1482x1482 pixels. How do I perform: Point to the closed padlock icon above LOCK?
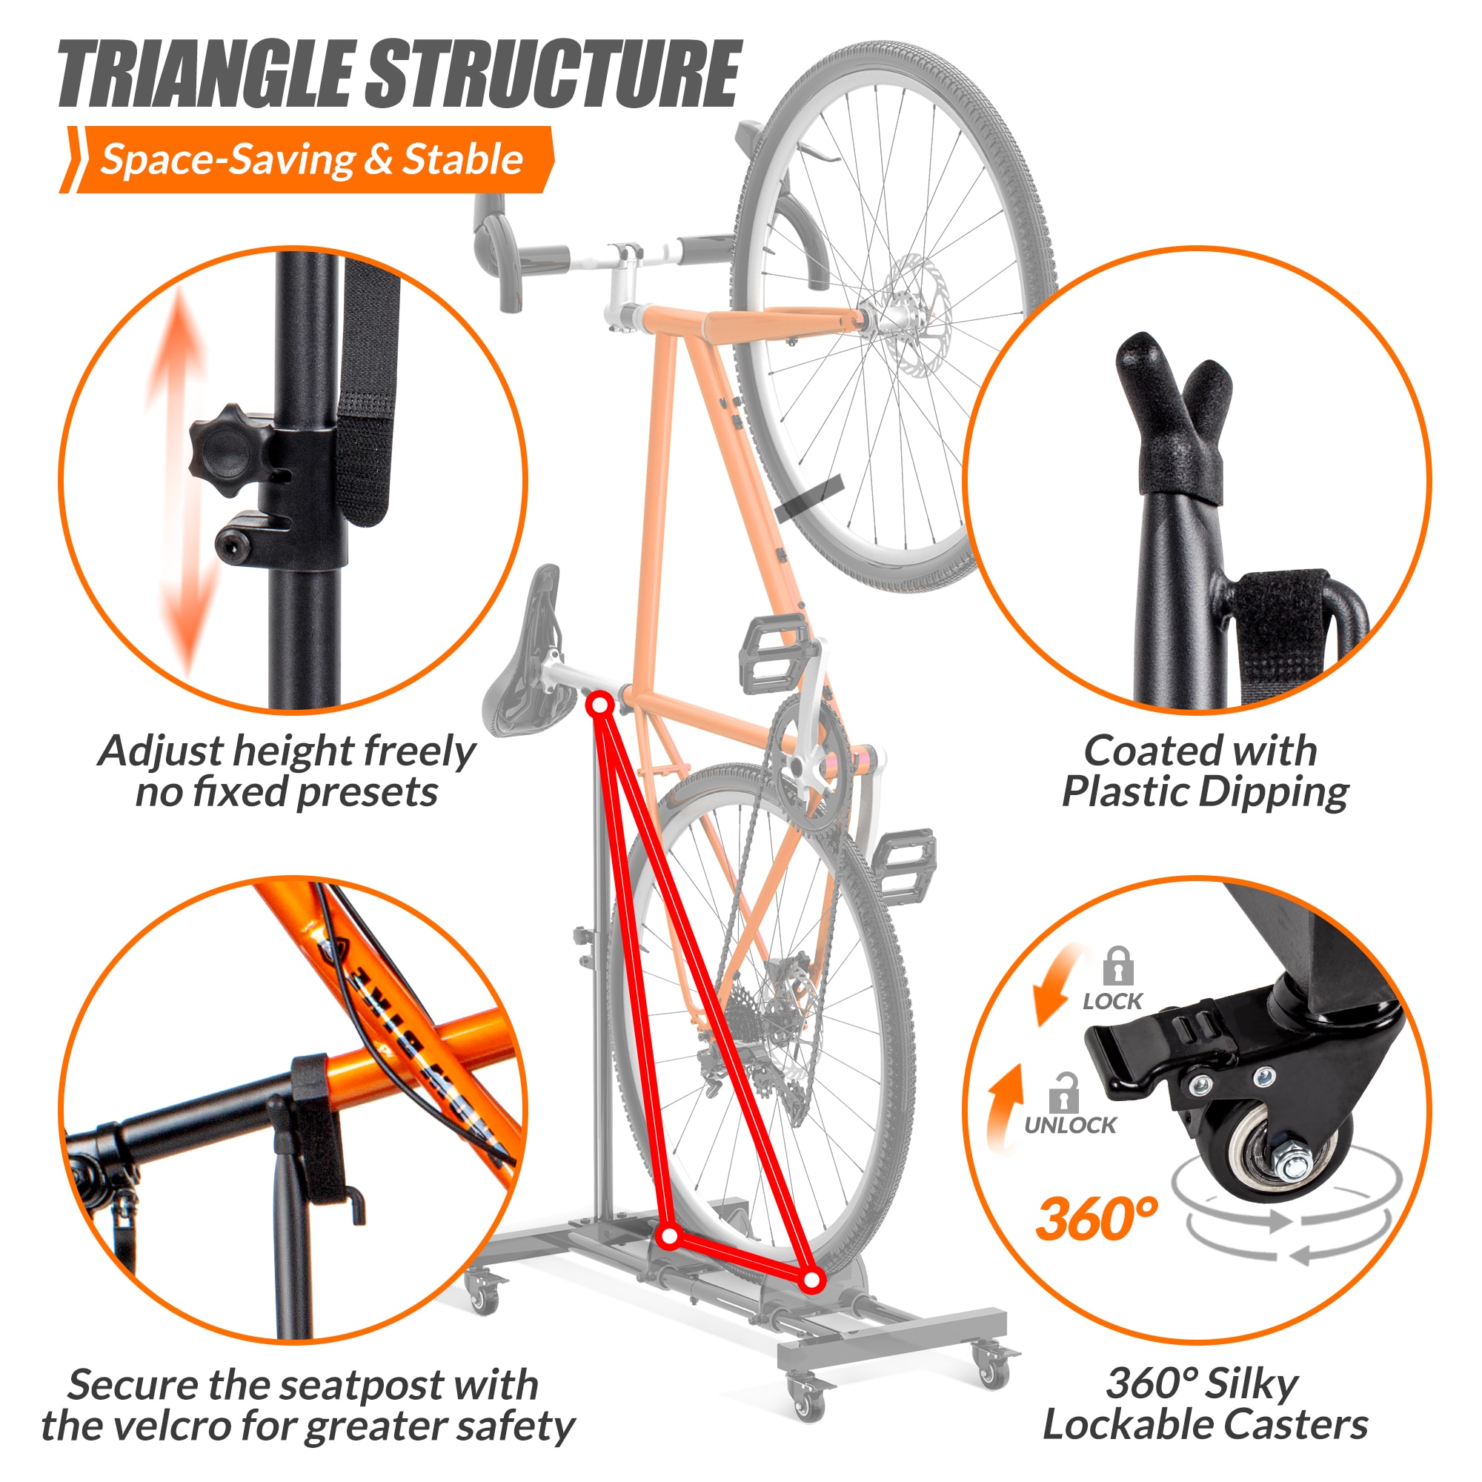coord(1117,966)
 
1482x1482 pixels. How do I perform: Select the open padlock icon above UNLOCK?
coord(1063,1093)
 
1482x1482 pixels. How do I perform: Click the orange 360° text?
coord(1095,1220)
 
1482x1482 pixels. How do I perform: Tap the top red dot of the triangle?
coord(600,703)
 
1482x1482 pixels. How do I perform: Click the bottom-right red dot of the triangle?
coord(812,1280)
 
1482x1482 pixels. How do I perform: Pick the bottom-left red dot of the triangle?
coord(670,1237)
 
